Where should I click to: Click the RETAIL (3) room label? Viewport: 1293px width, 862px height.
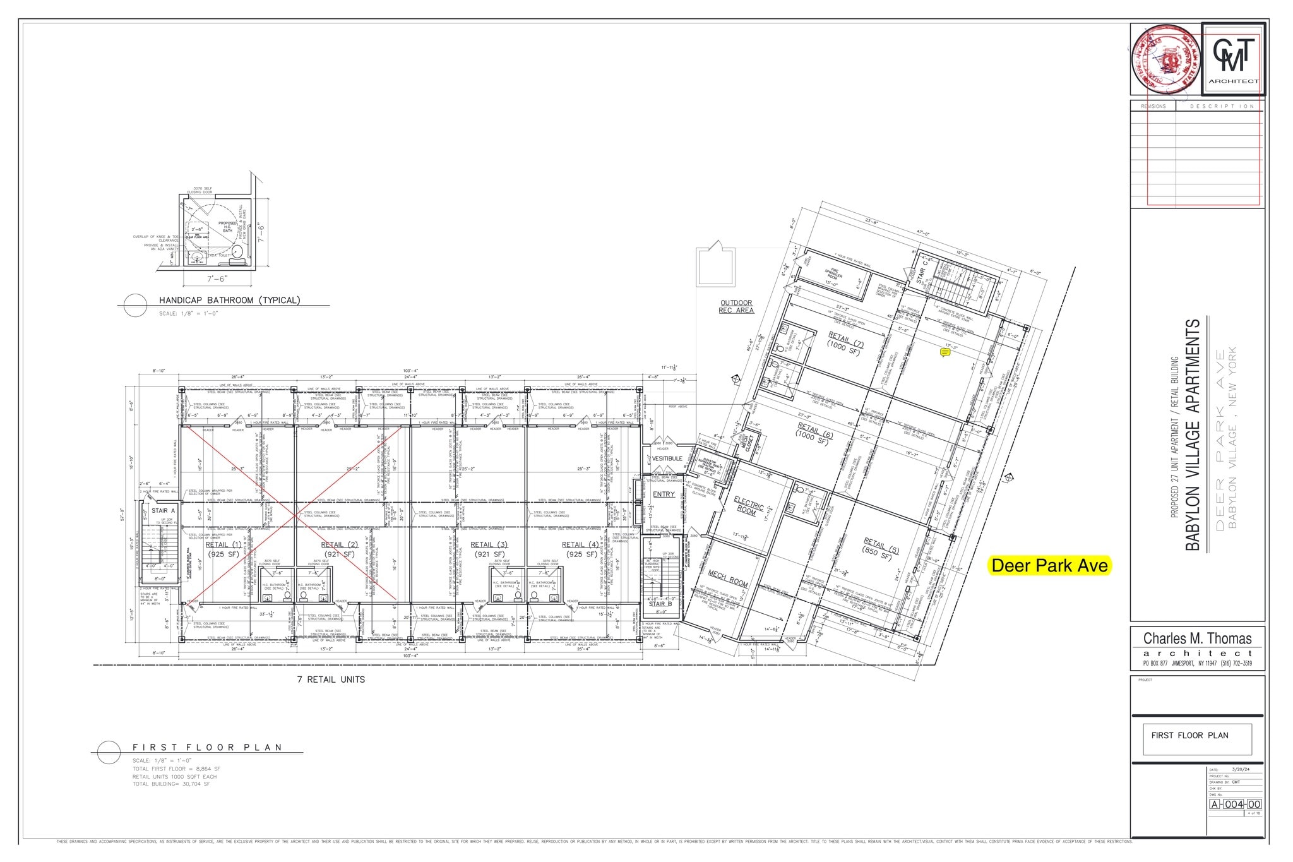point(489,544)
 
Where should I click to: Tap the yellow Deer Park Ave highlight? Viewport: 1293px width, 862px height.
point(1049,565)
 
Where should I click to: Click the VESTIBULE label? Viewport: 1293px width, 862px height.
point(667,458)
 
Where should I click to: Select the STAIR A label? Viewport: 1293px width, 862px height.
point(163,510)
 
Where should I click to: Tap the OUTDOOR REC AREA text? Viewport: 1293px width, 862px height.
point(736,306)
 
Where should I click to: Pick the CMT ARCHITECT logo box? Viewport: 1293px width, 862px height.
point(1233,59)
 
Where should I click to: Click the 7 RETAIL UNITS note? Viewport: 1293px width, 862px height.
point(331,679)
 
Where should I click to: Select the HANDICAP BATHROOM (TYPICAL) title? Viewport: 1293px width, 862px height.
point(229,300)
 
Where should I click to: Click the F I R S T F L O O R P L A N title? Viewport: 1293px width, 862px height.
point(207,747)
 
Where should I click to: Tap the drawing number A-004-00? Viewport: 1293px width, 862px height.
point(1235,804)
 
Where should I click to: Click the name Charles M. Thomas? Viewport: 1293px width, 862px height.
point(1197,638)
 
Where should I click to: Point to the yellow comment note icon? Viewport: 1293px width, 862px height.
point(945,353)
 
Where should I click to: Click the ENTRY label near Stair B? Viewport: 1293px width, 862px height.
point(664,494)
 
